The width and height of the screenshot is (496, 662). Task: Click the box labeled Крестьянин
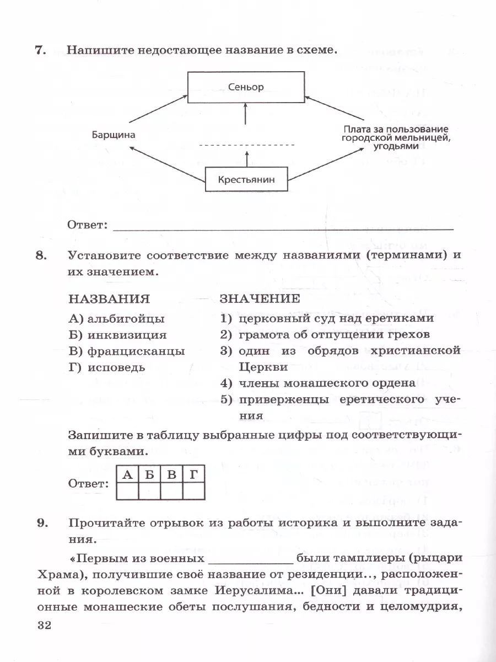pos(246,179)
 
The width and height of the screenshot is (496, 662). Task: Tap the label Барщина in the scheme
pos(114,135)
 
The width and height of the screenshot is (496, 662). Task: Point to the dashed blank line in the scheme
pos(246,145)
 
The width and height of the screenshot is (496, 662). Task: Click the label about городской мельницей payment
pos(395,137)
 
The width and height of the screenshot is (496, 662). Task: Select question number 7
pos(39,50)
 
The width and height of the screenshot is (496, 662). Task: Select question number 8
pos(39,255)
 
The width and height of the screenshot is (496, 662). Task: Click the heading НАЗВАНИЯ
pos(109,299)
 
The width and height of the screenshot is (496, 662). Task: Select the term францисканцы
pos(126,351)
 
